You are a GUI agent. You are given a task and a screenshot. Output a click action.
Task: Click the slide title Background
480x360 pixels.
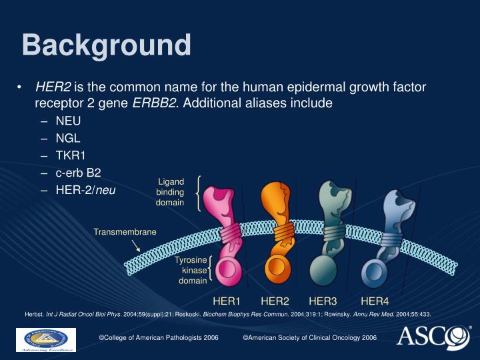pos(106,45)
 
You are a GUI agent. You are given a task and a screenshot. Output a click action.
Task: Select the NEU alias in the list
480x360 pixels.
pos(68,121)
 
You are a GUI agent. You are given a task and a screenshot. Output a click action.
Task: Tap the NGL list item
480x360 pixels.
pos(68,139)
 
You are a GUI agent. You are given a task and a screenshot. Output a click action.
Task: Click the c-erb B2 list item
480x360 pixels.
pos(78,173)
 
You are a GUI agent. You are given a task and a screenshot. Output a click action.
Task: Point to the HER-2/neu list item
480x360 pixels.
pos(86,190)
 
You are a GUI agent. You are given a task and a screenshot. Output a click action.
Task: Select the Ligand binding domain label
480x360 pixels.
pos(171,192)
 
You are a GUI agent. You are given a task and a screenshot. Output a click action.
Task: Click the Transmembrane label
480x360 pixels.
pos(125,232)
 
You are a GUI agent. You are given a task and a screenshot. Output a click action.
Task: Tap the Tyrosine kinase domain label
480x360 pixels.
pos(191,270)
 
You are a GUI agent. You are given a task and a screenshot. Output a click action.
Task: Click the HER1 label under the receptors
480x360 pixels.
pos(227,301)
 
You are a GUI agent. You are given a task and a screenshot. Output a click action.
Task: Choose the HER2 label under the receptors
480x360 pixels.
pos(275,301)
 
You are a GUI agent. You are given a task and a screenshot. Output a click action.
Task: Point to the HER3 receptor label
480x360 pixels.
pos(323,301)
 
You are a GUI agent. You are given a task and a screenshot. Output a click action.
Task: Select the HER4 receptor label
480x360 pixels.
pos(375,301)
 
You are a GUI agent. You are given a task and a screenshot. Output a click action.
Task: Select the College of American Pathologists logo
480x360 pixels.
pos(46,339)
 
